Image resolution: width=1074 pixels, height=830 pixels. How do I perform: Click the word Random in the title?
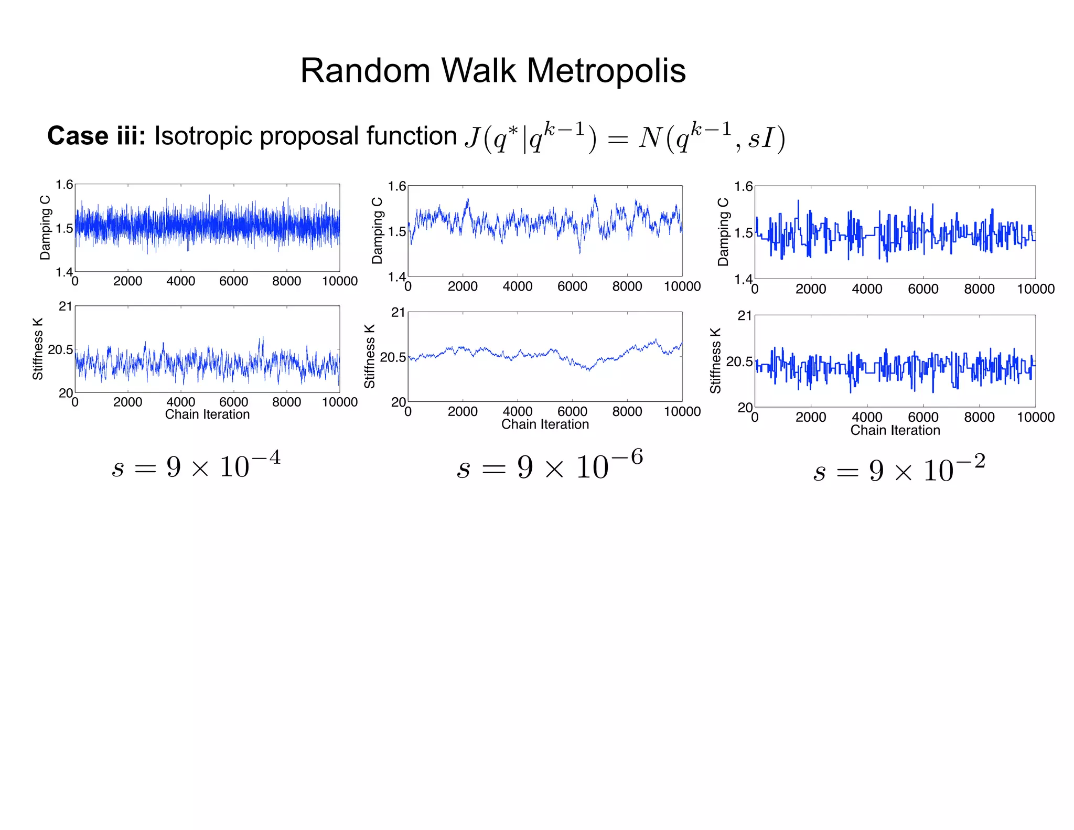pos(365,71)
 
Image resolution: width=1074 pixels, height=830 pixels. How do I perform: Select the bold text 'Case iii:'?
pos(96,136)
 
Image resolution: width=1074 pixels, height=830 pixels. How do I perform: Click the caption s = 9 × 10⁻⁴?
pos(196,465)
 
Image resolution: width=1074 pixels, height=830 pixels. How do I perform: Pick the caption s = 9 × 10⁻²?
pos(899,468)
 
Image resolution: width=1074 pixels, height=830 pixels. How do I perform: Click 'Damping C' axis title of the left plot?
pos(46,228)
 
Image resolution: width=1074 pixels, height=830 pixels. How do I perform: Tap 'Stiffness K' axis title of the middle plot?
pos(370,356)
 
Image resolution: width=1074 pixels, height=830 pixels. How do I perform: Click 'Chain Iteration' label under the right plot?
pos(895,431)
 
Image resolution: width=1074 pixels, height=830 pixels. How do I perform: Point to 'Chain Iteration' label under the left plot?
pos(207,414)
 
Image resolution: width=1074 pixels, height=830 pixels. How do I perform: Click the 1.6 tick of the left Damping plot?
pos(65,185)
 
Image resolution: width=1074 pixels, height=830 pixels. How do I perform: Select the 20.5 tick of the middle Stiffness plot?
pos(393,357)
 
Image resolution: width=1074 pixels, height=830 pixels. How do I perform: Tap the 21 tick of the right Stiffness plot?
pos(745,316)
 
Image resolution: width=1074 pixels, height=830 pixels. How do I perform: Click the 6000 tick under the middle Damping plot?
pos(572,286)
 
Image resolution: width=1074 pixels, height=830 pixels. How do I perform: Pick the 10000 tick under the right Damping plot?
pos(1035,289)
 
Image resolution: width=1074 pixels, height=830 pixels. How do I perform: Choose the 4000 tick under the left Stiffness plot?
pos(180,402)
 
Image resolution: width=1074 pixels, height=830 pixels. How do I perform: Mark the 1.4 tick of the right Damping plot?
pos(743,279)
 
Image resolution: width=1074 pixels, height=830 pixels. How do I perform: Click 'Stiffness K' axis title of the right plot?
pos(716,361)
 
